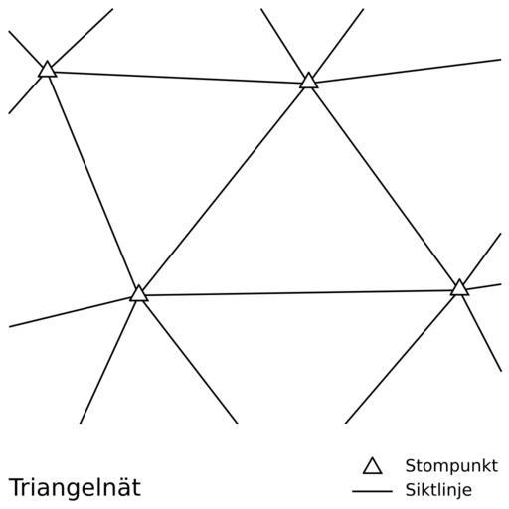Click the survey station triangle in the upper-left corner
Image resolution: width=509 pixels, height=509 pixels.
(47, 70)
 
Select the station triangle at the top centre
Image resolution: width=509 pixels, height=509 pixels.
(309, 82)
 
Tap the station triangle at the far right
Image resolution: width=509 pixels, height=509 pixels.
(459, 288)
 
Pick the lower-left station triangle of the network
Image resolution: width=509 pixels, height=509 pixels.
(139, 294)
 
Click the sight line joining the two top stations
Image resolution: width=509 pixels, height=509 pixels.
(178, 78)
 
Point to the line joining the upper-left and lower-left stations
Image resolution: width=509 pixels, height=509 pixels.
(93, 182)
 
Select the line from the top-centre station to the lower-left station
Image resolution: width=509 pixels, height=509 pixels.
(224, 188)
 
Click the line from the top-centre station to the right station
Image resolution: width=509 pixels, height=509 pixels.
(384, 185)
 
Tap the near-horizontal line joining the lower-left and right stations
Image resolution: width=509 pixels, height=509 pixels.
(299, 293)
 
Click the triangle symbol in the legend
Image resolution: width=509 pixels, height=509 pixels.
(373, 467)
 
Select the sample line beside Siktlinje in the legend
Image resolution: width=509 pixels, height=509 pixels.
(372, 491)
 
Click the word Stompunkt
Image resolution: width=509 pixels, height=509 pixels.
(451, 466)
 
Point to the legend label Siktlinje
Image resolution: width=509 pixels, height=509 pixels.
(438, 490)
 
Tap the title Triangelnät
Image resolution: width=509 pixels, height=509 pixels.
(75, 487)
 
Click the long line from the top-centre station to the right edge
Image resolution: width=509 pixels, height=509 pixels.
(409, 71)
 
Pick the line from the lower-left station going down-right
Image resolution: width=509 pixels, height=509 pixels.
(191, 362)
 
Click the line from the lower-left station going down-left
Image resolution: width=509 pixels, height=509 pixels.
(108, 363)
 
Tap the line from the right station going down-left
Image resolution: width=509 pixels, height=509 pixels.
(401, 360)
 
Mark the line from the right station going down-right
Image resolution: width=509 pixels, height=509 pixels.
(482, 333)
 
